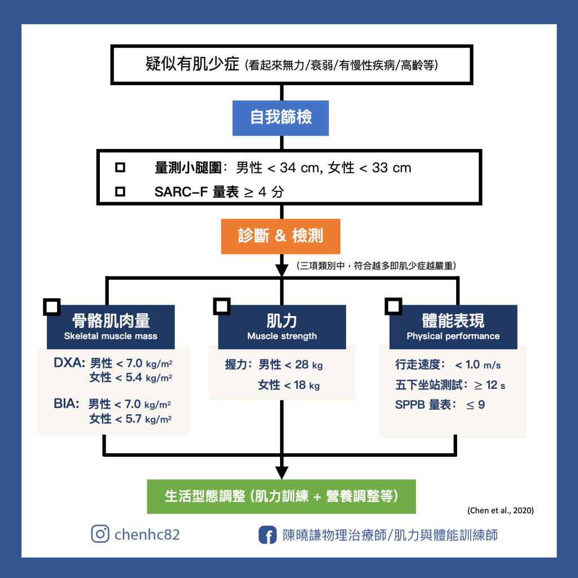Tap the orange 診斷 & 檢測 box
click(281, 235)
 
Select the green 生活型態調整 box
click(281, 496)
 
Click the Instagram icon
click(100, 534)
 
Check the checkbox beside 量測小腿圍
click(120, 168)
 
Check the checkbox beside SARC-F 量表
click(120, 192)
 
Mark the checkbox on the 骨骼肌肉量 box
click(51, 306)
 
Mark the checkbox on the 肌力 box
click(221, 306)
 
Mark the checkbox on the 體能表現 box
click(393, 306)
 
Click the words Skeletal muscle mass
click(111, 336)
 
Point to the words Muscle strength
click(282, 336)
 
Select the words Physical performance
click(453, 336)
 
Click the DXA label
click(69, 364)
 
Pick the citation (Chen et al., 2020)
click(501, 510)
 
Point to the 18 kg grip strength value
click(306, 386)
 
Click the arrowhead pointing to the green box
click(281, 472)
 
